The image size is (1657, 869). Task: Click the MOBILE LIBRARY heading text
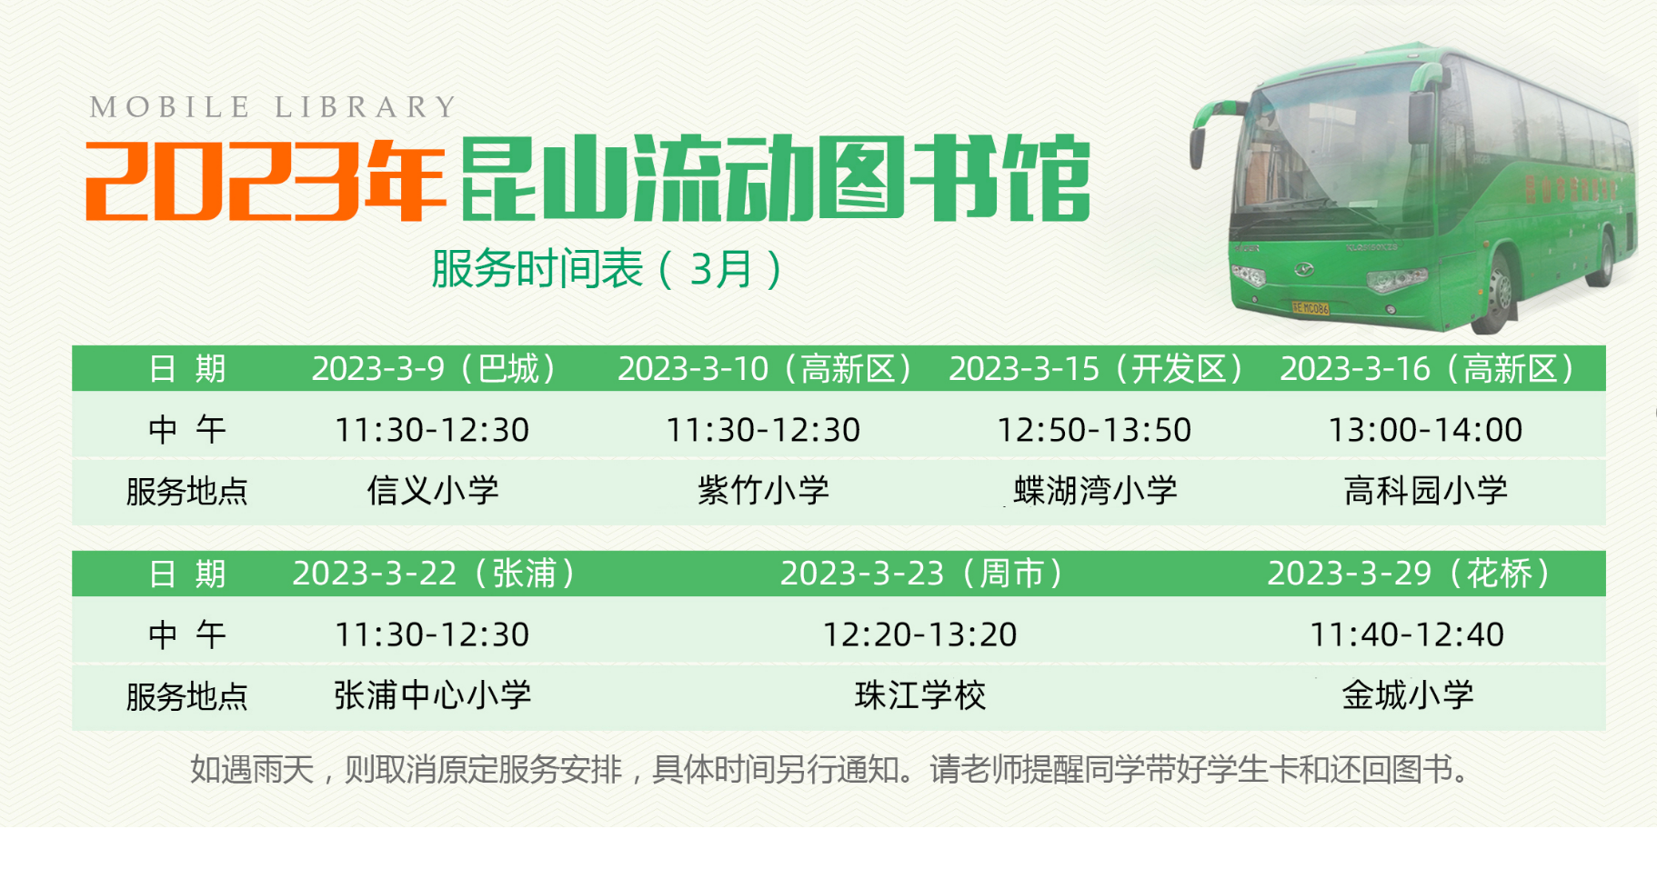[273, 107]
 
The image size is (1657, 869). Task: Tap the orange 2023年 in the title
[264, 180]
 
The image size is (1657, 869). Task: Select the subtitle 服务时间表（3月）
[607, 269]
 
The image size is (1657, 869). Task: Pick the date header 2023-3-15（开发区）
[1095, 369]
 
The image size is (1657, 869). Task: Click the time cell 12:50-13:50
[1094, 430]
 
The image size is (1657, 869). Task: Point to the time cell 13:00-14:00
[1425, 430]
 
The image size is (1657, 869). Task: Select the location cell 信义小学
[433, 491]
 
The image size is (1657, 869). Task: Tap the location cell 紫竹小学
[763, 491]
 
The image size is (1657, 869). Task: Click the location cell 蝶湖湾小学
[1095, 491]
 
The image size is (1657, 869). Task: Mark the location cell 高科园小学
[1425, 491]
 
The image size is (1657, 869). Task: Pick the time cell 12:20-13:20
[919, 634]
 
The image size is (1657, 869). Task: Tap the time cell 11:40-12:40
[1407, 634]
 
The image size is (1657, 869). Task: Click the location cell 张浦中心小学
[433, 695]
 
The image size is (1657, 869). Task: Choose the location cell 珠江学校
[920, 695]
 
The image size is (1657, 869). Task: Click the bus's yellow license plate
[1311, 308]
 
